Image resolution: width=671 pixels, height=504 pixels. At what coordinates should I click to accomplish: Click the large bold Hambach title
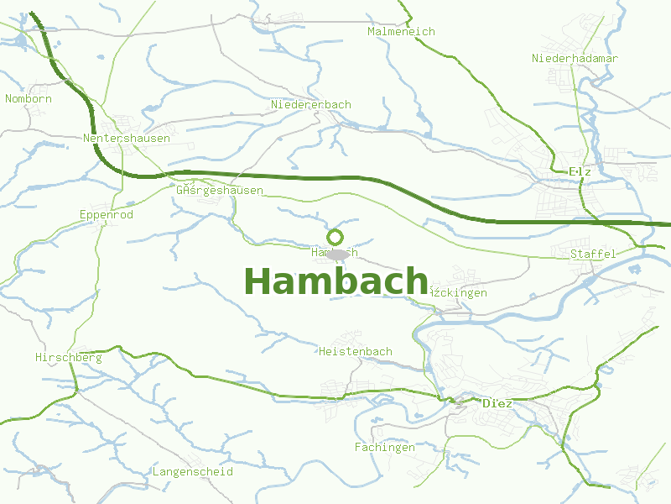click(335, 281)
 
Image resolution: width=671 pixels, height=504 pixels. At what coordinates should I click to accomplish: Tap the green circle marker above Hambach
click(335, 237)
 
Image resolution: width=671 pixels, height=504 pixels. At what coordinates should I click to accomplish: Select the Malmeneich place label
click(401, 31)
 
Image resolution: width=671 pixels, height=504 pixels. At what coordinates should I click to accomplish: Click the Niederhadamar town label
click(575, 58)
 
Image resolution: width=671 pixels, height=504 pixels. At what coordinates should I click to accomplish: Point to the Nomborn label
click(29, 98)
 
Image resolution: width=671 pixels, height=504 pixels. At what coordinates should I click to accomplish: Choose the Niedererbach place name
click(310, 104)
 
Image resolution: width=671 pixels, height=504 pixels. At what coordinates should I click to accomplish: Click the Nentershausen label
click(127, 138)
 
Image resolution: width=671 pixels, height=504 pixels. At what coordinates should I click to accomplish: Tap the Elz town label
click(580, 171)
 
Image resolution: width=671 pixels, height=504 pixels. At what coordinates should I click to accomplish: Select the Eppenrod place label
click(106, 214)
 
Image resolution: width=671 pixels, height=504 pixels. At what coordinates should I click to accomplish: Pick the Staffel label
click(593, 253)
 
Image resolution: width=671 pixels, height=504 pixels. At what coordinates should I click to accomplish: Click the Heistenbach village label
click(356, 350)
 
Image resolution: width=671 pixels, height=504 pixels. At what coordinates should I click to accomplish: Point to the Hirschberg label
click(69, 357)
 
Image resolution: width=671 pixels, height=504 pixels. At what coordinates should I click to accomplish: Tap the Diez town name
click(497, 403)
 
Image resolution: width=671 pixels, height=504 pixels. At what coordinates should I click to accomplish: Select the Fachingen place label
click(384, 447)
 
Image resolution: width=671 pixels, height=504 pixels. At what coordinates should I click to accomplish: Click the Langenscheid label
click(192, 471)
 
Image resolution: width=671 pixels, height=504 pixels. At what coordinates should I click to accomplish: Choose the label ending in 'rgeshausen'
click(220, 190)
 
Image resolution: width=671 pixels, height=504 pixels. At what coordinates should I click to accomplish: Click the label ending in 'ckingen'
click(458, 292)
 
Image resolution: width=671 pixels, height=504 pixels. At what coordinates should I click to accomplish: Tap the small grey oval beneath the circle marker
click(337, 255)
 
